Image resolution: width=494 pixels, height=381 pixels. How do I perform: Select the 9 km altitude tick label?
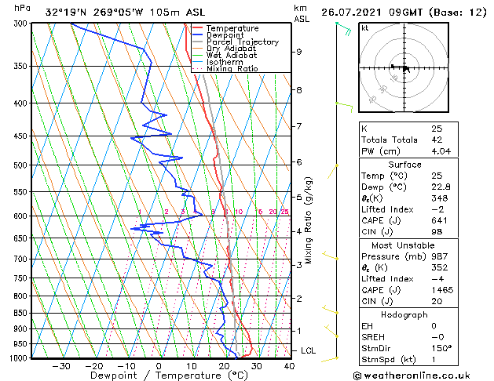pos(299,52)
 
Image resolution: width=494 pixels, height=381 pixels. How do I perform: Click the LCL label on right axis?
pos(308,350)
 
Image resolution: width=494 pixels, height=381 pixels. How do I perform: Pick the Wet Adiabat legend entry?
pos(232,56)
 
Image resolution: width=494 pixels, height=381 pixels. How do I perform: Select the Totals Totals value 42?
pos(437,140)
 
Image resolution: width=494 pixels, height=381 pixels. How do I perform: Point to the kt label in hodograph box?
pos(364,27)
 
